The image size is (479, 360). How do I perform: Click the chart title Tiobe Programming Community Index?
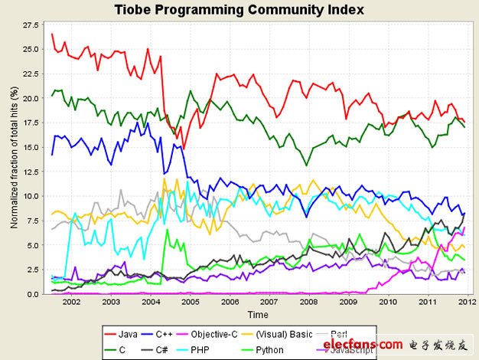[239, 10]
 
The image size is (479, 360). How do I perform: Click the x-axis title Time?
[257, 314]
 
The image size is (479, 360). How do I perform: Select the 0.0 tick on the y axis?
[31, 294]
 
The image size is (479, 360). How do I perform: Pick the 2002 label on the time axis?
[71, 303]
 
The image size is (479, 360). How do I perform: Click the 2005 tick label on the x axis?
[190, 303]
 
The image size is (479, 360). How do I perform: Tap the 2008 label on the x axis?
[308, 303]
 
